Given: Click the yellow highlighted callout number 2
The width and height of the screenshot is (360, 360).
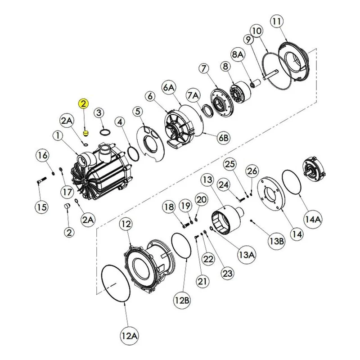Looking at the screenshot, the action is tap(83, 103).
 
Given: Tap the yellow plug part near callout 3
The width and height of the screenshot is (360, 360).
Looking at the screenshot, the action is tap(85, 133).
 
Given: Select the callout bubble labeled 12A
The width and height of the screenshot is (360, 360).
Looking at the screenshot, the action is tap(129, 336).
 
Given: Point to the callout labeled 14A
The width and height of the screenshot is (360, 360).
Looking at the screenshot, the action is tap(313, 220).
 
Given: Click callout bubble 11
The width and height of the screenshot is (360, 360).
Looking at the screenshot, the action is tap(277, 21).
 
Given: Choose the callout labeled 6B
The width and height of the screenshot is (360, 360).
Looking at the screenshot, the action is tap(224, 138).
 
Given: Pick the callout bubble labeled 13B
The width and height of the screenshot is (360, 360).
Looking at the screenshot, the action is tap(277, 241).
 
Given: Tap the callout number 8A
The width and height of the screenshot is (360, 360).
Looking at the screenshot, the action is tap(238, 54).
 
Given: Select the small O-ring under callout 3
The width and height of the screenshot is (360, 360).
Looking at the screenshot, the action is tap(105, 132).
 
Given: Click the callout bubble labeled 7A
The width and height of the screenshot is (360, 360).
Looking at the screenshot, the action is tap(193, 95).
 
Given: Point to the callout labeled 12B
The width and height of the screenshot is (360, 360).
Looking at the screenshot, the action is tap(182, 300).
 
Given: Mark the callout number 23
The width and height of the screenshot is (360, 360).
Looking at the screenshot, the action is tap(228, 274).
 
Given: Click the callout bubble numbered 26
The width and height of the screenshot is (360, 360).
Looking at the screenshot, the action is tap(252, 171).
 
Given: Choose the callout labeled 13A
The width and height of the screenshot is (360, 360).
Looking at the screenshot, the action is tap(246, 255).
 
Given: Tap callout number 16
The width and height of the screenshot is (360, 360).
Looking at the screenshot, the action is tap(42, 155).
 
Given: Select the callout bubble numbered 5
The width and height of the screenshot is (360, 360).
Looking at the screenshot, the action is tap(138, 112).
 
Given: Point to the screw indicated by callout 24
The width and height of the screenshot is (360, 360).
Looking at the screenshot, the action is tap(240, 199).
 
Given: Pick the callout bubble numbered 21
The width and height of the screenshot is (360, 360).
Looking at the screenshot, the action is tap(202, 281).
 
